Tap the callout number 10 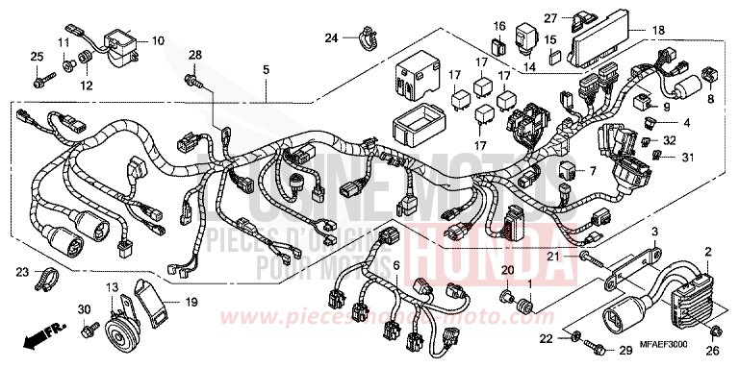(x=157, y=41)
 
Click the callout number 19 (x=191, y=303)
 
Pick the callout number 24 (x=330, y=38)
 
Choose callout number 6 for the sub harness (x=396, y=237)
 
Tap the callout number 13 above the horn (x=114, y=289)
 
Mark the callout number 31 (x=688, y=157)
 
